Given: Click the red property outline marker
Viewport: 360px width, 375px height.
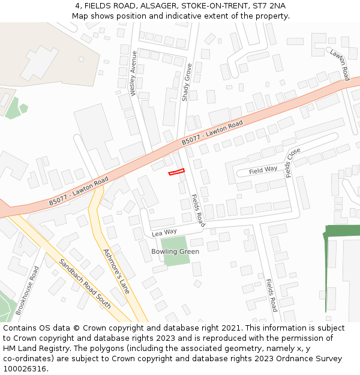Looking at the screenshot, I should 176,172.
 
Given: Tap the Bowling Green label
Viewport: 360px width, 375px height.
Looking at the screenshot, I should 175,251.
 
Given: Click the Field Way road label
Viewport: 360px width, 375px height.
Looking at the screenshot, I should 263,170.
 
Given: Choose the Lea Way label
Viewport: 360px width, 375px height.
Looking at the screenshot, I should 164,232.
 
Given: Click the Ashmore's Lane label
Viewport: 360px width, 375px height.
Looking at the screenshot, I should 116,271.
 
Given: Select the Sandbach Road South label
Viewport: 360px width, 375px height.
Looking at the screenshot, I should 85,283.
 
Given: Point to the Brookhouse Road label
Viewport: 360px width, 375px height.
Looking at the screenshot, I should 28,290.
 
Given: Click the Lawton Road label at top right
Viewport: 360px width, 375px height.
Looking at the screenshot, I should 340,65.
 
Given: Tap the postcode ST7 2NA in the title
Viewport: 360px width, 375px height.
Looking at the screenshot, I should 270,6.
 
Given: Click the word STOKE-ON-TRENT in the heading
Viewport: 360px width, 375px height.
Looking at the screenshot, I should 201,6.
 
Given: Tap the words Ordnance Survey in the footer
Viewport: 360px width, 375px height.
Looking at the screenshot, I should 310,358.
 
